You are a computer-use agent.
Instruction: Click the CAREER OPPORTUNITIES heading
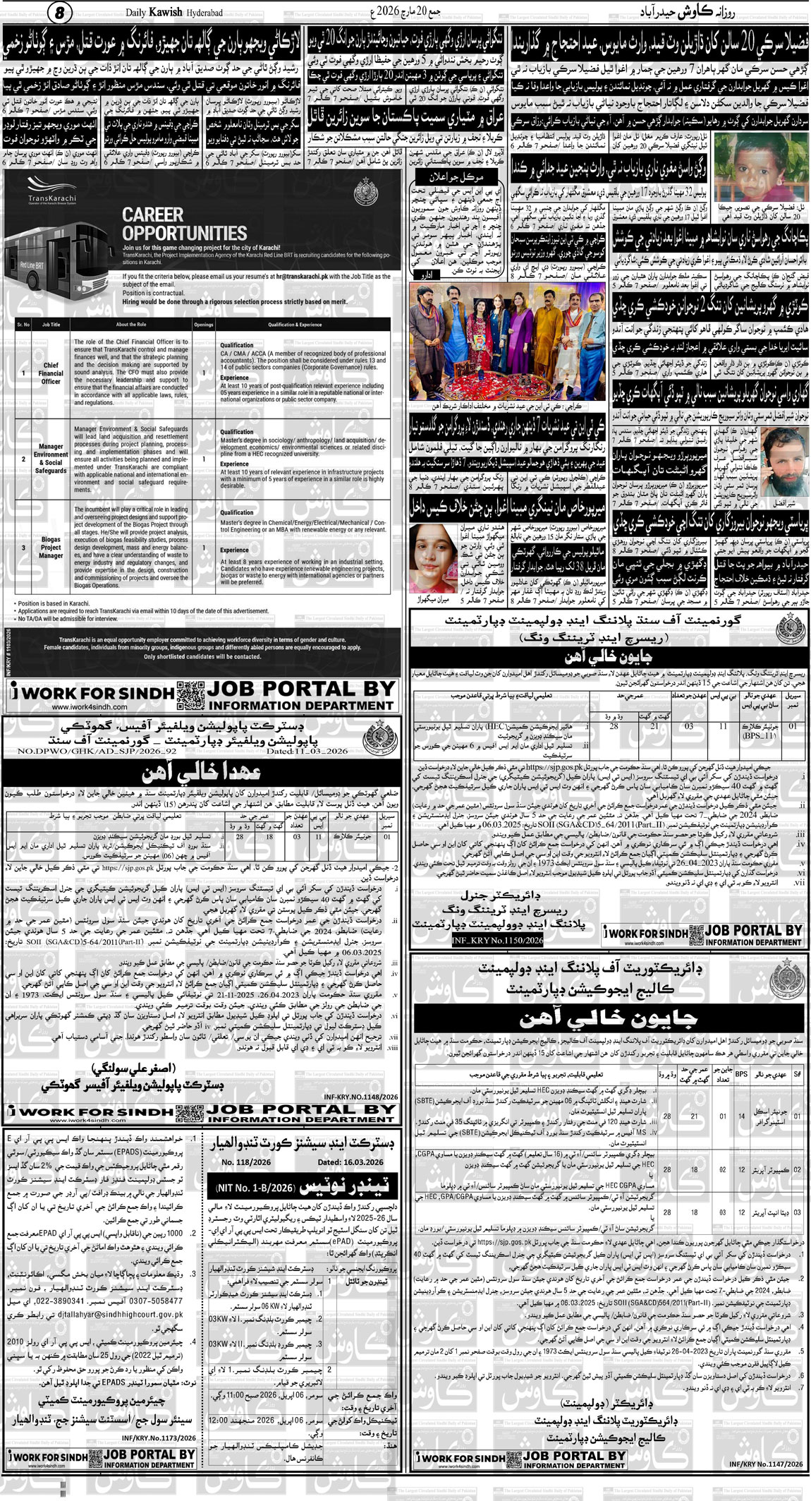184,224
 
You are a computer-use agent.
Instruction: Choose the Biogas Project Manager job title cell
51,547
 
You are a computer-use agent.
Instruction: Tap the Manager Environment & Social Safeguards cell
51,459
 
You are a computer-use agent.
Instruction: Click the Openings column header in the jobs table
204,325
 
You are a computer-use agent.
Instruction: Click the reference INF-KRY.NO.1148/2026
360,1097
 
